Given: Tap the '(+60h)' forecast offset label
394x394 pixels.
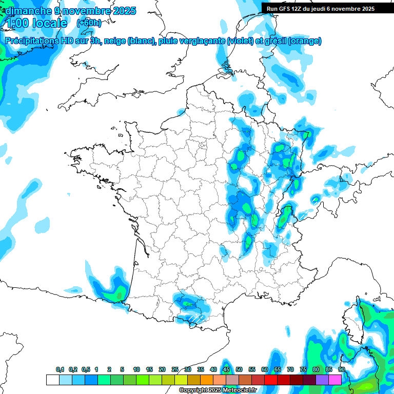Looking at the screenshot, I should pos(89,23).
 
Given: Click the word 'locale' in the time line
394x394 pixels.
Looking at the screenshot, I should pos(49,23).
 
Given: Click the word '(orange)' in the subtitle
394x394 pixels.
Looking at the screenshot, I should pos(305,41).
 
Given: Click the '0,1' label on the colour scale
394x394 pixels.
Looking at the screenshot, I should pos(60,370).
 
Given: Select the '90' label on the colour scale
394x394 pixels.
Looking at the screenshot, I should pos(341,370).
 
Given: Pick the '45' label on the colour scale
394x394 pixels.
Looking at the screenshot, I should pos(226,370).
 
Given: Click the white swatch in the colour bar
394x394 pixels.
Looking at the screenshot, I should pos(52,380).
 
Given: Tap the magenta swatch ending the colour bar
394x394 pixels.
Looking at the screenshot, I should pos(335,380).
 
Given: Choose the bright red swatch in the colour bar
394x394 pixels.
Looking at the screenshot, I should pos(271,380).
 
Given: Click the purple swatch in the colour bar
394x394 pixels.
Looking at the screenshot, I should pos(322,380).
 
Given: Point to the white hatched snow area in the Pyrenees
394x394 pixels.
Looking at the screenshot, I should pos(195,319).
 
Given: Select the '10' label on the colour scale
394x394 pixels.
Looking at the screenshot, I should pos(136,370).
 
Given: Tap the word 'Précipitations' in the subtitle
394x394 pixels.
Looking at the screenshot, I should pos(31,41).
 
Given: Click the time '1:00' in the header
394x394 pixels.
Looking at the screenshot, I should pos(17,23).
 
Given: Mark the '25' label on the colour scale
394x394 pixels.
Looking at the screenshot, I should pos(175,370).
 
